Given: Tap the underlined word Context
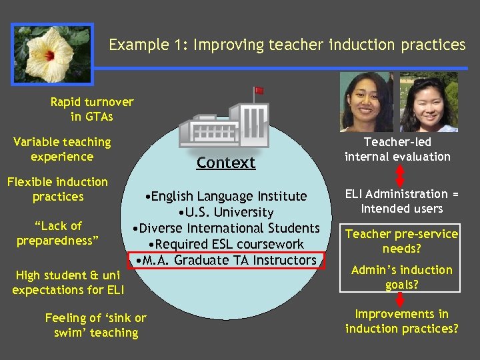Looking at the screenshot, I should click(226, 163).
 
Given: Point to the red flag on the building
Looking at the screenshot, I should click(259, 90).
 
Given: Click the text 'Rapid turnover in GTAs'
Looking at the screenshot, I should click(92, 109).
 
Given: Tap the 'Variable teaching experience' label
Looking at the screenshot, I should click(62, 149).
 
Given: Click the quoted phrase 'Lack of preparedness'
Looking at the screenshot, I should click(57, 233).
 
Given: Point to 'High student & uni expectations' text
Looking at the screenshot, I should click(66, 282).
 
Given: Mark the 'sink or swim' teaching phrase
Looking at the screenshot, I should click(95, 325).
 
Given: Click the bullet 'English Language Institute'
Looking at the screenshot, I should click(226, 196).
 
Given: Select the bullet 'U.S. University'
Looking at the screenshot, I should click(226, 212).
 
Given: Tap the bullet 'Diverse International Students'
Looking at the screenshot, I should click(226, 228).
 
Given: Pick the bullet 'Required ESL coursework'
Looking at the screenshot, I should click(226, 244).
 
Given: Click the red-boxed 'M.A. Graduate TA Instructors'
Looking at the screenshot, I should click(226, 260).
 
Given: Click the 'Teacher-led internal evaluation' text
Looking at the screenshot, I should click(397, 149).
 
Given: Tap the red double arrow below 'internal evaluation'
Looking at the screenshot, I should click(401, 174).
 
